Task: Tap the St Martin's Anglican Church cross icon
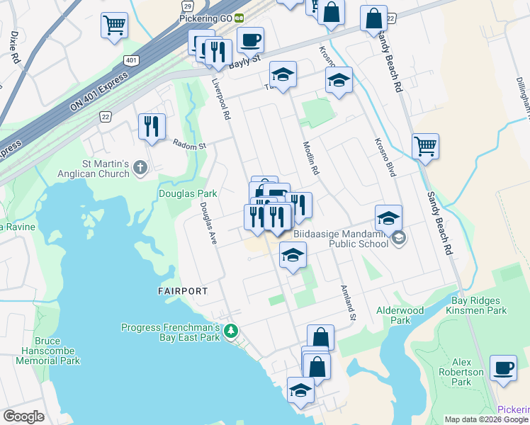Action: (140, 168)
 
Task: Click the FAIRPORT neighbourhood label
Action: (182, 291)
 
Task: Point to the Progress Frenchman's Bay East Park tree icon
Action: (230, 331)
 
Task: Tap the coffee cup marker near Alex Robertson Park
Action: (503, 368)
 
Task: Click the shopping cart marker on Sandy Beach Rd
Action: (425, 147)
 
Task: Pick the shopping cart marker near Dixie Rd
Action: (114, 25)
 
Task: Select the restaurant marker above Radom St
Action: (152, 127)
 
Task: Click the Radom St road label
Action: (189, 145)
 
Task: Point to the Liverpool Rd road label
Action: (222, 98)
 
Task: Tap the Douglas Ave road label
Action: (208, 224)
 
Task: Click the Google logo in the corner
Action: (23, 416)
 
